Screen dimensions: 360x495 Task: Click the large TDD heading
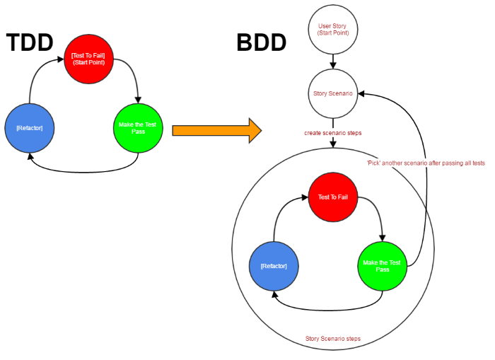(29, 43)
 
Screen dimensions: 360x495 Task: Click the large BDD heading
(261, 43)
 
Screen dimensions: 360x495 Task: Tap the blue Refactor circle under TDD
(30, 128)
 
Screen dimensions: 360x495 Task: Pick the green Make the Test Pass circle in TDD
(138, 128)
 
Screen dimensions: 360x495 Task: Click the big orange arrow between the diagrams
(216, 130)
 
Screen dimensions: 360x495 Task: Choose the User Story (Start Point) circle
(333, 30)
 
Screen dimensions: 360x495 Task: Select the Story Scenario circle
(333, 93)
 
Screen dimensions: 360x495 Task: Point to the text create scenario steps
(333, 133)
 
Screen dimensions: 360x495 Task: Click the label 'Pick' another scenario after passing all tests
(425, 163)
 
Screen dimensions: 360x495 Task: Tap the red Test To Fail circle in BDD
(333, 197)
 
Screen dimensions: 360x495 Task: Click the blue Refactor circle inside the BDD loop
(274, 266)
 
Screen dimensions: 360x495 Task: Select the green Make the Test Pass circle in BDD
(382, 266)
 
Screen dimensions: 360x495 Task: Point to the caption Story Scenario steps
(333, 339)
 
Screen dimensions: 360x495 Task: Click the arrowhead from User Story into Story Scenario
(333, 65)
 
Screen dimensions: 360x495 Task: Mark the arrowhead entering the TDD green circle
(138, 99)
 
